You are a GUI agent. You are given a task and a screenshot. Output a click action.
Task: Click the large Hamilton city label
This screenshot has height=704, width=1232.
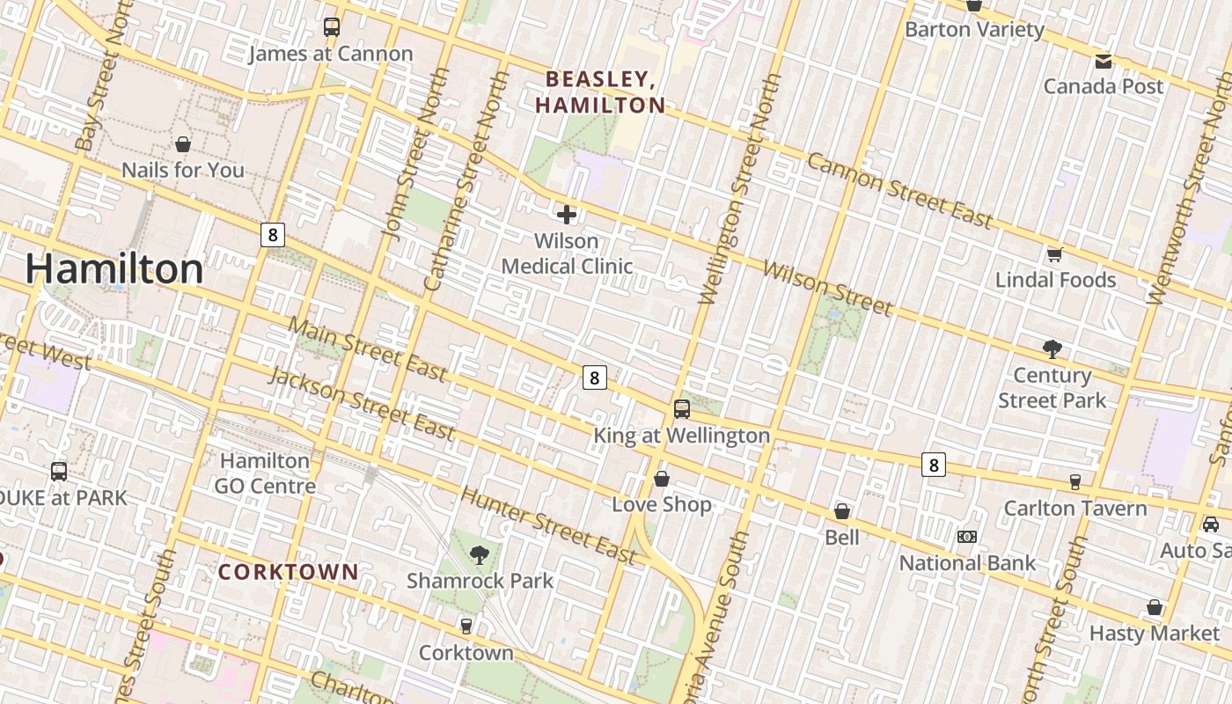click(x=114, y=268)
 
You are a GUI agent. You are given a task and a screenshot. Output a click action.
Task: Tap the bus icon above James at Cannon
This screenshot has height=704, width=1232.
click(x=332, y=27)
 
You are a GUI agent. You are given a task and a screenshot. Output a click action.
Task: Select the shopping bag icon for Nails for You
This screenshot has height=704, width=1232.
click(x=183, y=144)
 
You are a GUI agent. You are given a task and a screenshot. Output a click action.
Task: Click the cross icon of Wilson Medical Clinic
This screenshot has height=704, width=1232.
click(x=567, y=214)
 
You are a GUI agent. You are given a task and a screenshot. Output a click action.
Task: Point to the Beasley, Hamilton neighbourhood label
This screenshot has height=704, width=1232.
click(x=601, y=92)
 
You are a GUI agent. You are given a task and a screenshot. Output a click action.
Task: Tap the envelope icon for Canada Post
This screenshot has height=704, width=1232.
click(x=1104, y=62)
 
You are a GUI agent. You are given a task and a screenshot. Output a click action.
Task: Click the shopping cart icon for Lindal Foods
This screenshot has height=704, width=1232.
click(x=1054, y=255)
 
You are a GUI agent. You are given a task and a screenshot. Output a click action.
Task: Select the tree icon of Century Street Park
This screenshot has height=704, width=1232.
click(x=1052, y=349)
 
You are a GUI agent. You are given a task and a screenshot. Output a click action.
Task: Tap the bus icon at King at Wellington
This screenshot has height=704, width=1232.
click(x=682, y=409)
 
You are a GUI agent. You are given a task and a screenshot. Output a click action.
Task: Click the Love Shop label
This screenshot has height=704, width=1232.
click(x=662, y=504)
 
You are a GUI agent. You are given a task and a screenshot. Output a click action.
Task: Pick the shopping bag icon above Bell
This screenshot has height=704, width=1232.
click(x=842, y=511)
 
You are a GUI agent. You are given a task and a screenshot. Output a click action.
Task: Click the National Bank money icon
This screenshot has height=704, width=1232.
click(x=967, y=537)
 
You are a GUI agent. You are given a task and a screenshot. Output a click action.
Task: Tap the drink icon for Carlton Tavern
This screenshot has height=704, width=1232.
click(x=1075, y=481)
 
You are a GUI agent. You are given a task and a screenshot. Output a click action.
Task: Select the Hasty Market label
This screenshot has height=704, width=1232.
click(x=1155, y=633)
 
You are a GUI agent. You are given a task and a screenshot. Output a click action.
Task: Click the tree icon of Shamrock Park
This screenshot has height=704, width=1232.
click(x=480, y=554)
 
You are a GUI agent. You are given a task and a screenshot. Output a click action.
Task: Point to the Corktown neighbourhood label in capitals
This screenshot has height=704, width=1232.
click(x=289, y=572)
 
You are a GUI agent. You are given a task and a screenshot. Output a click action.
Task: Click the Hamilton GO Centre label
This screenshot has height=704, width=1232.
click(x=265, y=473)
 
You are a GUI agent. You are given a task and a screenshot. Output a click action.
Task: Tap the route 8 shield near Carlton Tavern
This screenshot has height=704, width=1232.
click(x=934, y=465)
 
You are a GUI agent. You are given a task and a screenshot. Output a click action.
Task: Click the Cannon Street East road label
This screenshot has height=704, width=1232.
click(x=899, y=190)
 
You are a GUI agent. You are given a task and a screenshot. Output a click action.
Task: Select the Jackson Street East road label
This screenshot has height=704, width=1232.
click(x=362, y=404)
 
